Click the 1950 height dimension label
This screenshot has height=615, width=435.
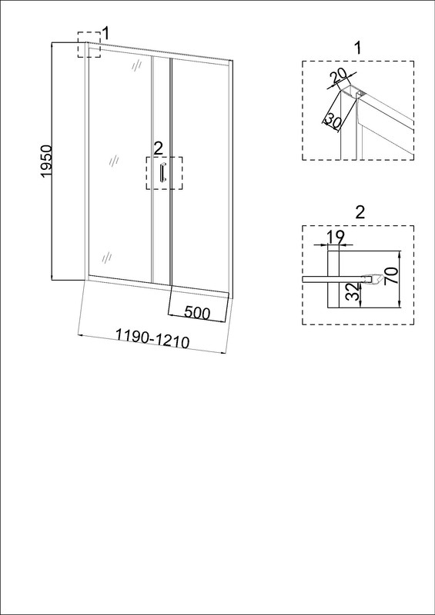click(46, 161)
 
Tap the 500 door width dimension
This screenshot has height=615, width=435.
click(197, 312)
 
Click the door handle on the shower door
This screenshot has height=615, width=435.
click(162, 172)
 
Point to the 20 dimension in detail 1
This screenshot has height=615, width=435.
click(339, 77)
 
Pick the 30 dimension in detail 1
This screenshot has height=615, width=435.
click(332, 119)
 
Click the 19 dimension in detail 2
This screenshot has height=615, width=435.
click(335, 237)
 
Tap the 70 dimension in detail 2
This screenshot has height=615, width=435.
click(393, 277)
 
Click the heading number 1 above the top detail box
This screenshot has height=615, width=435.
click(357, 48)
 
